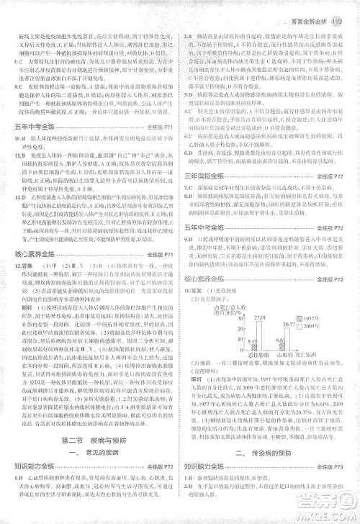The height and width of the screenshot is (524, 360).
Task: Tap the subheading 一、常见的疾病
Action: click(x=90, y=453)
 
